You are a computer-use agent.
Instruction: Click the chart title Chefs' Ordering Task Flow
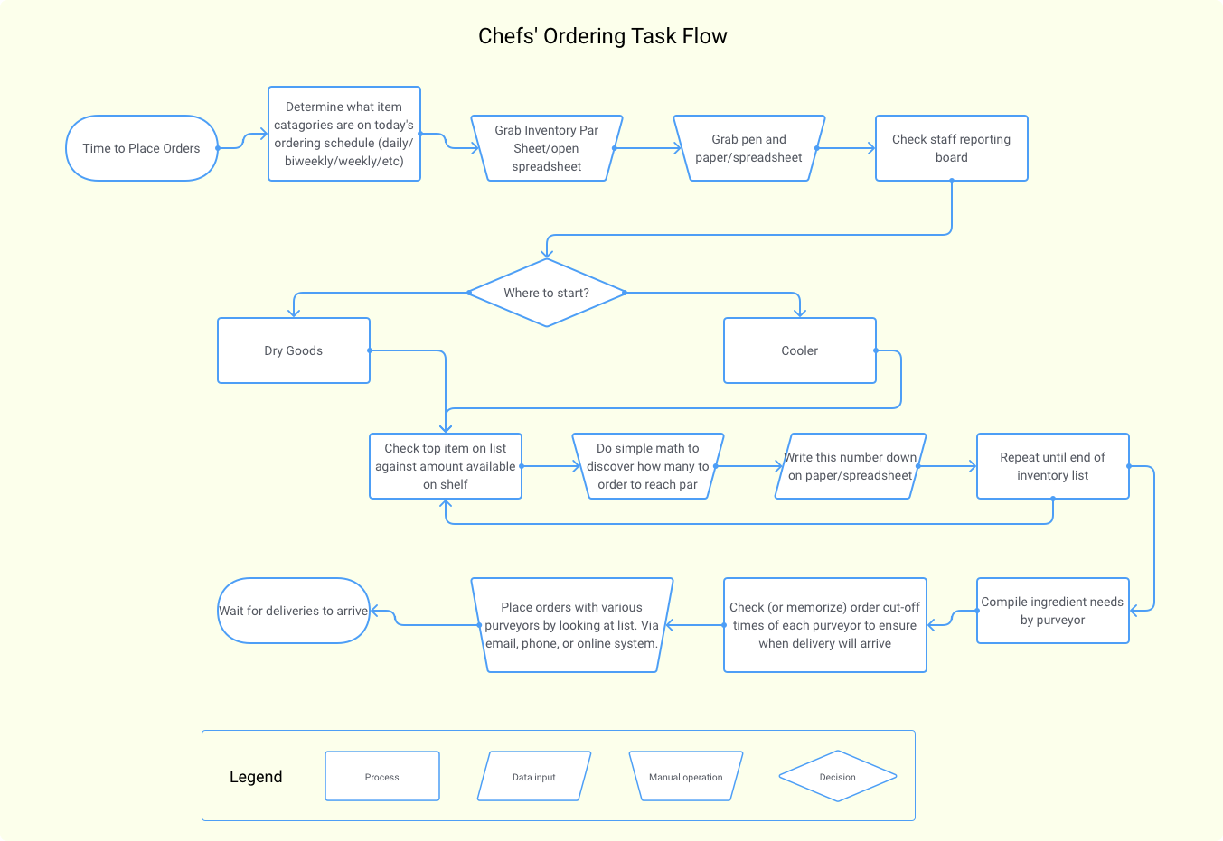(602, 36)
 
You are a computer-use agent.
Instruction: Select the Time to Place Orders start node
(142, 148)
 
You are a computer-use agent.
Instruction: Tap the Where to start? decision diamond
(547, 293)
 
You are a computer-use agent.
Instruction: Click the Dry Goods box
(294, 350)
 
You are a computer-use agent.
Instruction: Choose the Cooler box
(800, 350)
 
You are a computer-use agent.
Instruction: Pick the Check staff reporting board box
(952, 148)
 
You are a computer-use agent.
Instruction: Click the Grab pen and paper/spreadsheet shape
(749, 148)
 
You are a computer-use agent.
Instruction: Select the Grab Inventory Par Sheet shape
(547, 148)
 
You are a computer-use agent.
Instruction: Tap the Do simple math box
(648, 466)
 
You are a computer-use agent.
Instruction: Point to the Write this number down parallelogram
(851, 466)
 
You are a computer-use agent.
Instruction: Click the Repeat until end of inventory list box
(1053, 466)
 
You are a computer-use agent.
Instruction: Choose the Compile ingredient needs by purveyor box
(1053, 611)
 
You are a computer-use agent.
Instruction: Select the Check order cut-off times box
(825, 625)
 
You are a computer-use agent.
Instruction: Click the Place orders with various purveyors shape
(572, 625)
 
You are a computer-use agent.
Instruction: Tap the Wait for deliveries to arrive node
(294, 611)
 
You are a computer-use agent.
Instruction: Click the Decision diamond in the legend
(838, 777)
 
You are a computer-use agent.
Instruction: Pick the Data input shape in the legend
(534, 777)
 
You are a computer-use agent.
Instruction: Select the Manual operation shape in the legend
(686, 777)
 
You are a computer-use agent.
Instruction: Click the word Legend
(256, 777)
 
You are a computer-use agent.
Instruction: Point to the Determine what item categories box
(344, 134)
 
